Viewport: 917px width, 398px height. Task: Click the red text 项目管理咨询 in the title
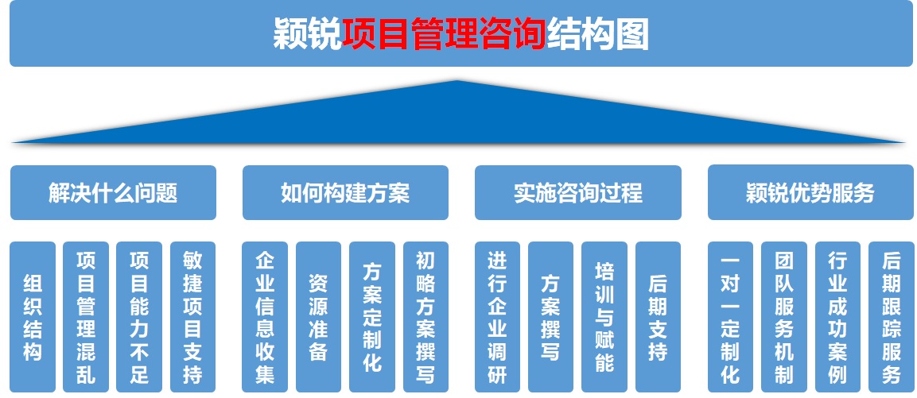(x=445, y=34)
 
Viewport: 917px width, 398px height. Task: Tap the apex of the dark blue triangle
(x=457, y=81)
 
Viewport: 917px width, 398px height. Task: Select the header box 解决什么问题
(x=114, y=193)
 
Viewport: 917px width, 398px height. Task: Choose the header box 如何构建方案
(x=346, y=193)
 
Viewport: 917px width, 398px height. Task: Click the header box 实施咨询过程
(x=578, y=193)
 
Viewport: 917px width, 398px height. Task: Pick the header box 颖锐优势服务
(x=810, y=193)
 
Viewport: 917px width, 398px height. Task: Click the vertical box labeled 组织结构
(x=33, y=317)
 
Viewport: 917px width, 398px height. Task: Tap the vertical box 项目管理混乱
(x=86, y=317)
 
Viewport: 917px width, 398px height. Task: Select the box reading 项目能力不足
(x=139, y=317)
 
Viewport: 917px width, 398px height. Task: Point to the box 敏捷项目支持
(x=193, y=317)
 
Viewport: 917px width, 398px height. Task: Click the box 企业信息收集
(x=265, y=317)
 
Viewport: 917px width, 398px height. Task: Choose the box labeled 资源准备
(x=318, y=317)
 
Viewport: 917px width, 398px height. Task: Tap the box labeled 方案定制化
(x=372, y=317)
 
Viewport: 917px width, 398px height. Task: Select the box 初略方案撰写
(x=425, y=317)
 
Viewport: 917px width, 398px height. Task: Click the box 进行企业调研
(x=497, y=317)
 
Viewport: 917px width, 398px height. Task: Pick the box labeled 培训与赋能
(x=604, y=317)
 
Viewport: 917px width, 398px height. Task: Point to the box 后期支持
(x=658, y=317)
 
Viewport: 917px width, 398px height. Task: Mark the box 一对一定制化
(x=730, y=317)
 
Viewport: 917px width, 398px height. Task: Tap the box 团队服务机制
(x=783, y=317)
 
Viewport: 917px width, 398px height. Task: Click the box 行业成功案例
(x=837, y=317)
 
